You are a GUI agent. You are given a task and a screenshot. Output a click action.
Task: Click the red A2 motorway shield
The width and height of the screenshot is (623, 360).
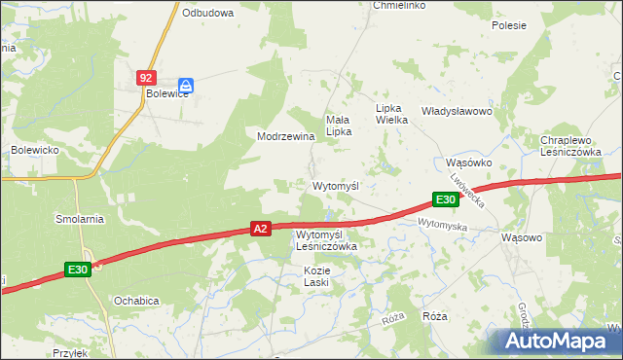coord(260,229)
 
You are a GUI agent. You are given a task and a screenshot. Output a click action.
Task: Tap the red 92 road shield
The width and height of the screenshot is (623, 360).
coord(145,76)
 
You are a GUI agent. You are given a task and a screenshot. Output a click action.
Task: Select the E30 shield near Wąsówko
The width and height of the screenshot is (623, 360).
coord(446,199)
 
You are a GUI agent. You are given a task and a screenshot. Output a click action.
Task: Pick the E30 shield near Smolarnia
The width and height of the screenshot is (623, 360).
coord(80,270)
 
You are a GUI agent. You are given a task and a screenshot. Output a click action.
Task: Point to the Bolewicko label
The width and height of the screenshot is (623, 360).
coord(36,150)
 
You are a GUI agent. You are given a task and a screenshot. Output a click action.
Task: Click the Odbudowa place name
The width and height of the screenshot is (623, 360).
coord(207,14)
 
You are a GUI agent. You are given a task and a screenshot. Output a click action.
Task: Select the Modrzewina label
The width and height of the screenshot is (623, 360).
coord(285,137)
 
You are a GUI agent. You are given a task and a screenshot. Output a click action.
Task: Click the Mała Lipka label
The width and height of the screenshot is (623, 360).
coord(338,125)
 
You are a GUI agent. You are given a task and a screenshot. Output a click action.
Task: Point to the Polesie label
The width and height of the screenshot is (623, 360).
coord(509,25)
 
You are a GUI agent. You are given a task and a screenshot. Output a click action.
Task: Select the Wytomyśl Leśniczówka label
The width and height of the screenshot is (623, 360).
coord(326,240)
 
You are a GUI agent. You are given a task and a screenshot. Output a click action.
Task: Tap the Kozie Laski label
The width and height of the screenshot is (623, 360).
coord(317,275)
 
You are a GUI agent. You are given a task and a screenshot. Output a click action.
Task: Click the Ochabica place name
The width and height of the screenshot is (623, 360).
coord(136,301)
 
